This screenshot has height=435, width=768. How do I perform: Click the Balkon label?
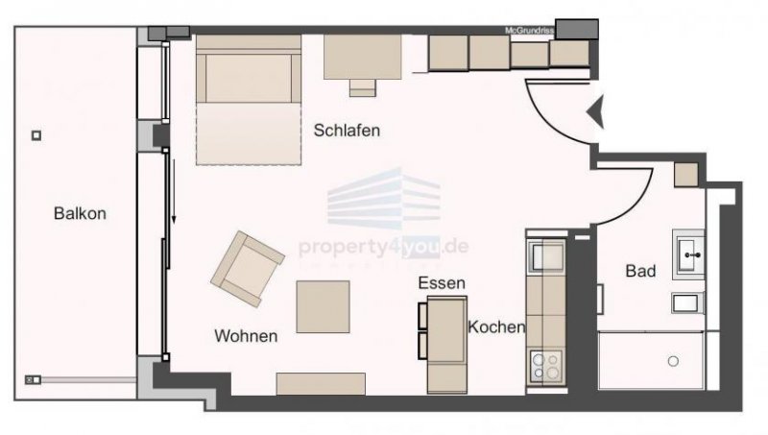(80, 214)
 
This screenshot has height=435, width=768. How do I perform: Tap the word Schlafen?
(347, 131)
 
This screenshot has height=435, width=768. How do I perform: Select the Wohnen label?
(246, 336)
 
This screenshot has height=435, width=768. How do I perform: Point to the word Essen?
(442, 283)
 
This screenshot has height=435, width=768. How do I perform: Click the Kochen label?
(496, 326)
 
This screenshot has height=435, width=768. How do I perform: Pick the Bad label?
(640, 272)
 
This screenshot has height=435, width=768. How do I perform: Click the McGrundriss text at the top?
(529, 31)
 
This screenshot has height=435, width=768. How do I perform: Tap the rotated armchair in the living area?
(247, 269)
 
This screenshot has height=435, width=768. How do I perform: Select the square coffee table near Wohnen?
(323, 305)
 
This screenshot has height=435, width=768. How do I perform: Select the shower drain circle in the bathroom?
(673, 360)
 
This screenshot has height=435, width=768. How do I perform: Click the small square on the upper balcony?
(36, 135)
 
